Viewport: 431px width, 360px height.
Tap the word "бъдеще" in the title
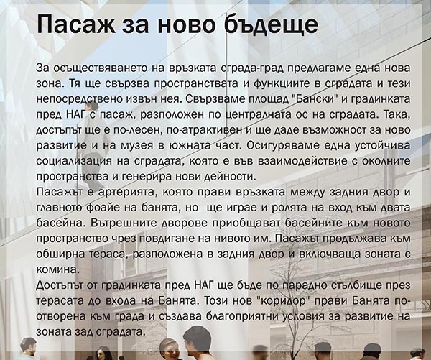(271, 24)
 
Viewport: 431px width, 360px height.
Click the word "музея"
(136, 145)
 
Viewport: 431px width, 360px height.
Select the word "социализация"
(74, 161)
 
